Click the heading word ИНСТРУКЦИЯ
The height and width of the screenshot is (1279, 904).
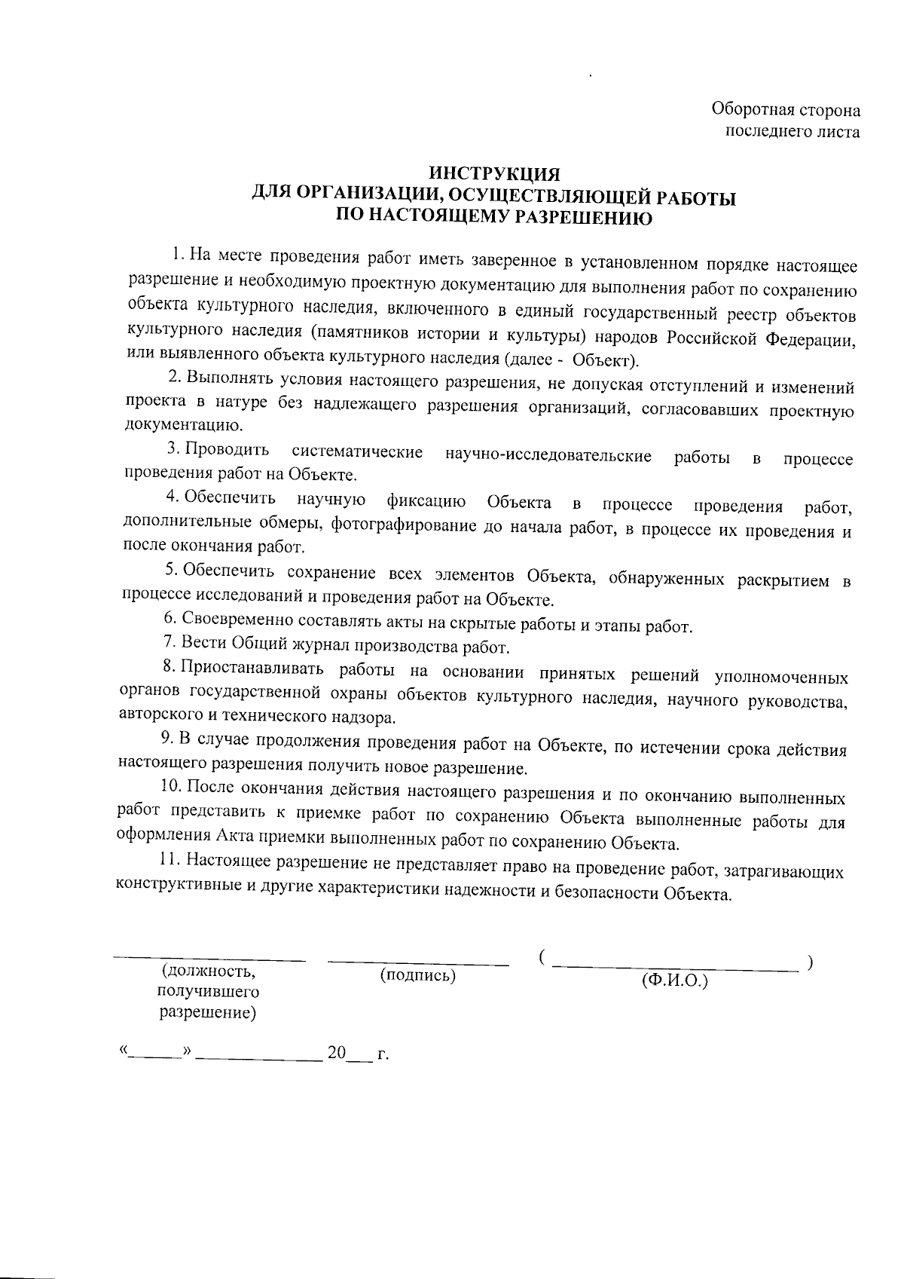click(x=494, y=176)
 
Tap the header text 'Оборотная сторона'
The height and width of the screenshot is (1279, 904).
click(x=786, y=111)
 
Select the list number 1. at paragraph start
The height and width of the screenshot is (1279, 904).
click(x=178, y=252)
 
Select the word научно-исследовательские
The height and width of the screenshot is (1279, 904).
click(x=548, y=456)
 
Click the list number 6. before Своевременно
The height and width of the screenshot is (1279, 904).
click(x=169, y=619)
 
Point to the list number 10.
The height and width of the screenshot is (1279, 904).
click(x=170, y=787)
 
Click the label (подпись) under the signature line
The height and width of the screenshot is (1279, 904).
click(x=418, y=976)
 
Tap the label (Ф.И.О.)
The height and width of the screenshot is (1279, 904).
click(x=674, y=981)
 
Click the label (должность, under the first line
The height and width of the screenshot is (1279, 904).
click(x=208, y=972)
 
